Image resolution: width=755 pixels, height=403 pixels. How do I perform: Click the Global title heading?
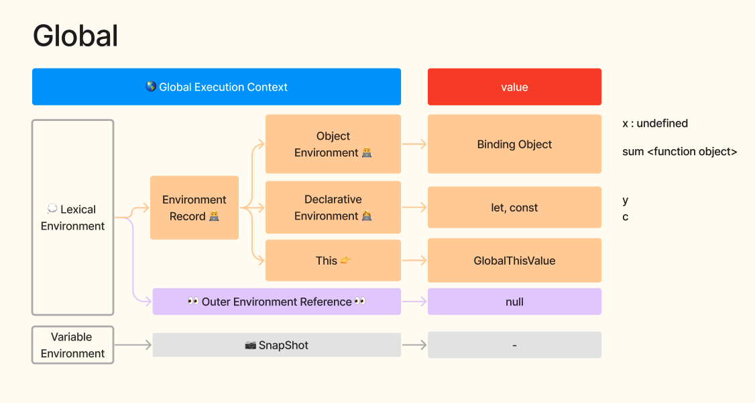75,36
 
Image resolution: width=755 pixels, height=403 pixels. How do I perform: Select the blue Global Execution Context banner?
216,87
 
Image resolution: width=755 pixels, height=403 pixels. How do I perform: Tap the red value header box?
514,87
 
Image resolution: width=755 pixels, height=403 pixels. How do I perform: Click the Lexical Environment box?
72,218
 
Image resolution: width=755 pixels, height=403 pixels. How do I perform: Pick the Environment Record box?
194,208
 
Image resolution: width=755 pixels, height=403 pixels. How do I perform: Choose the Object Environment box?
333,144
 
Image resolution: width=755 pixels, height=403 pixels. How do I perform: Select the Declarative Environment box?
333,208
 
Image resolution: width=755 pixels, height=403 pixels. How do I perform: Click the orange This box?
333,261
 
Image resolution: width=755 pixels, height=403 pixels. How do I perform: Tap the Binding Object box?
514,144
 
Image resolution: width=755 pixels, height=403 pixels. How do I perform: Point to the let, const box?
514,208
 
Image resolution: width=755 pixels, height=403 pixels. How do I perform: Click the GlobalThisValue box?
514,261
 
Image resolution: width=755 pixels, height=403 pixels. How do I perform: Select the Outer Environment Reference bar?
277,302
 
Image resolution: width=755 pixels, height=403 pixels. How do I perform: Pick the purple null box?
514,302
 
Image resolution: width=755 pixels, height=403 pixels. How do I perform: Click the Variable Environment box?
72,345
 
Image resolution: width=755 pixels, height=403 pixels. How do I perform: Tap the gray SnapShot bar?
277,345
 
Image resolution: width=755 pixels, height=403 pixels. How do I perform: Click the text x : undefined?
655,124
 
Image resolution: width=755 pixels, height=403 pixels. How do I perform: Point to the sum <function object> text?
679,151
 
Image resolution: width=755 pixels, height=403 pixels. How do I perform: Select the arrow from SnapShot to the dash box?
414,345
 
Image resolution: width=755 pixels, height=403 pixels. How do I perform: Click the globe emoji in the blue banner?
151,86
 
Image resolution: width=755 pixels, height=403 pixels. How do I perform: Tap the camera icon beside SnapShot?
250,345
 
